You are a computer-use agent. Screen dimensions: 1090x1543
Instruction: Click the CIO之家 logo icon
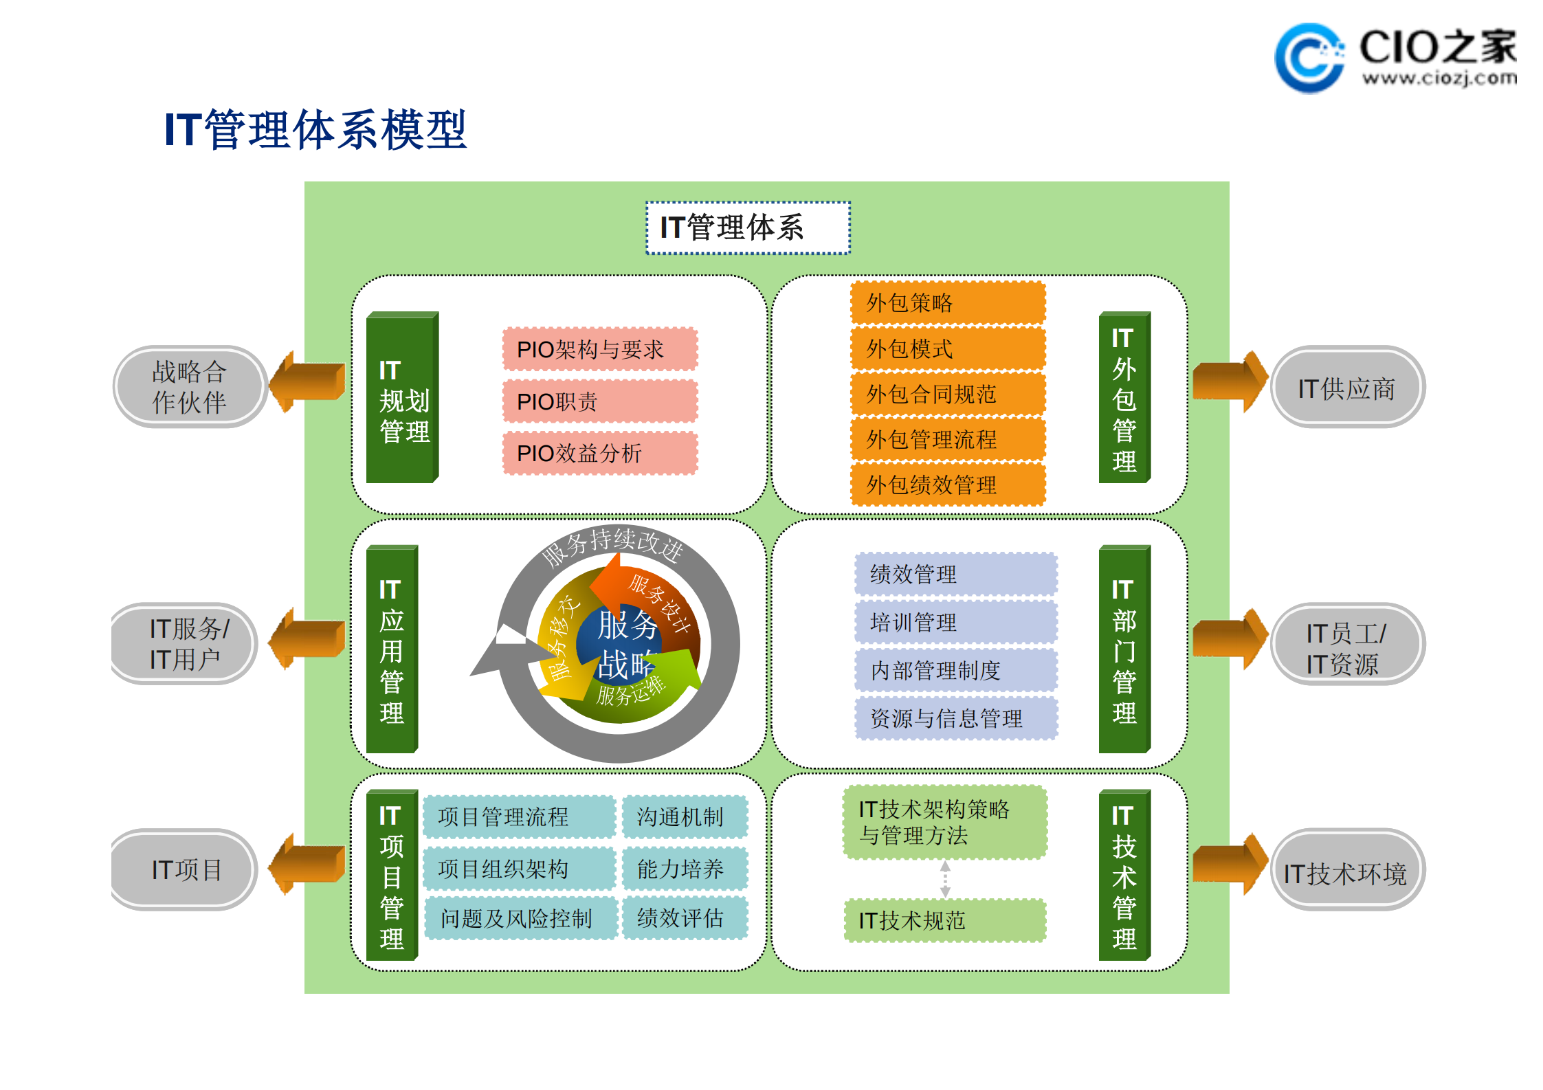pos(1308,58)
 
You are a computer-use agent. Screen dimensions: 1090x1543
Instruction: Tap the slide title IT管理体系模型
pos(315,129)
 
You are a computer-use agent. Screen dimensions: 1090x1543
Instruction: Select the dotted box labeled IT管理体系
pos(748,227)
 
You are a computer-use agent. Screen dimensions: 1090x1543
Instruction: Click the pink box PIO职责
pos(600,401)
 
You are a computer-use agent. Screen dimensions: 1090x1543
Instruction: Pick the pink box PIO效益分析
pos(600,453)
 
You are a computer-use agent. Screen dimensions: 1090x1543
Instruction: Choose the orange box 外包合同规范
pos(948,394)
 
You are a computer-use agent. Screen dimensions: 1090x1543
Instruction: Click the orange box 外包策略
pos(948,302)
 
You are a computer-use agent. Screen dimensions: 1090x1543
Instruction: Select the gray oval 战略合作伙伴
pos(190,387)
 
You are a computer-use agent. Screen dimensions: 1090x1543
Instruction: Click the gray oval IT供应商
pos(1347,388)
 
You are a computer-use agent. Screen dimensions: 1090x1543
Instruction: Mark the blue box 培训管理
pos(955,622)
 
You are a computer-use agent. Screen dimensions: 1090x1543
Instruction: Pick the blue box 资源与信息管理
pos(955,718)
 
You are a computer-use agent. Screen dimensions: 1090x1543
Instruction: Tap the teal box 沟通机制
pos(685,816)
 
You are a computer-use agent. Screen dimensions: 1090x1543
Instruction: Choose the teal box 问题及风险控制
pos(520,918)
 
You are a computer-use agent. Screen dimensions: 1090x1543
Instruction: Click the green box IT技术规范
pos(945,920)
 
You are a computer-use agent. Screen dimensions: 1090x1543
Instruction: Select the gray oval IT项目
pos(186,870)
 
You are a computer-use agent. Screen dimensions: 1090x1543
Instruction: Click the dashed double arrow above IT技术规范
pos(945,879)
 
